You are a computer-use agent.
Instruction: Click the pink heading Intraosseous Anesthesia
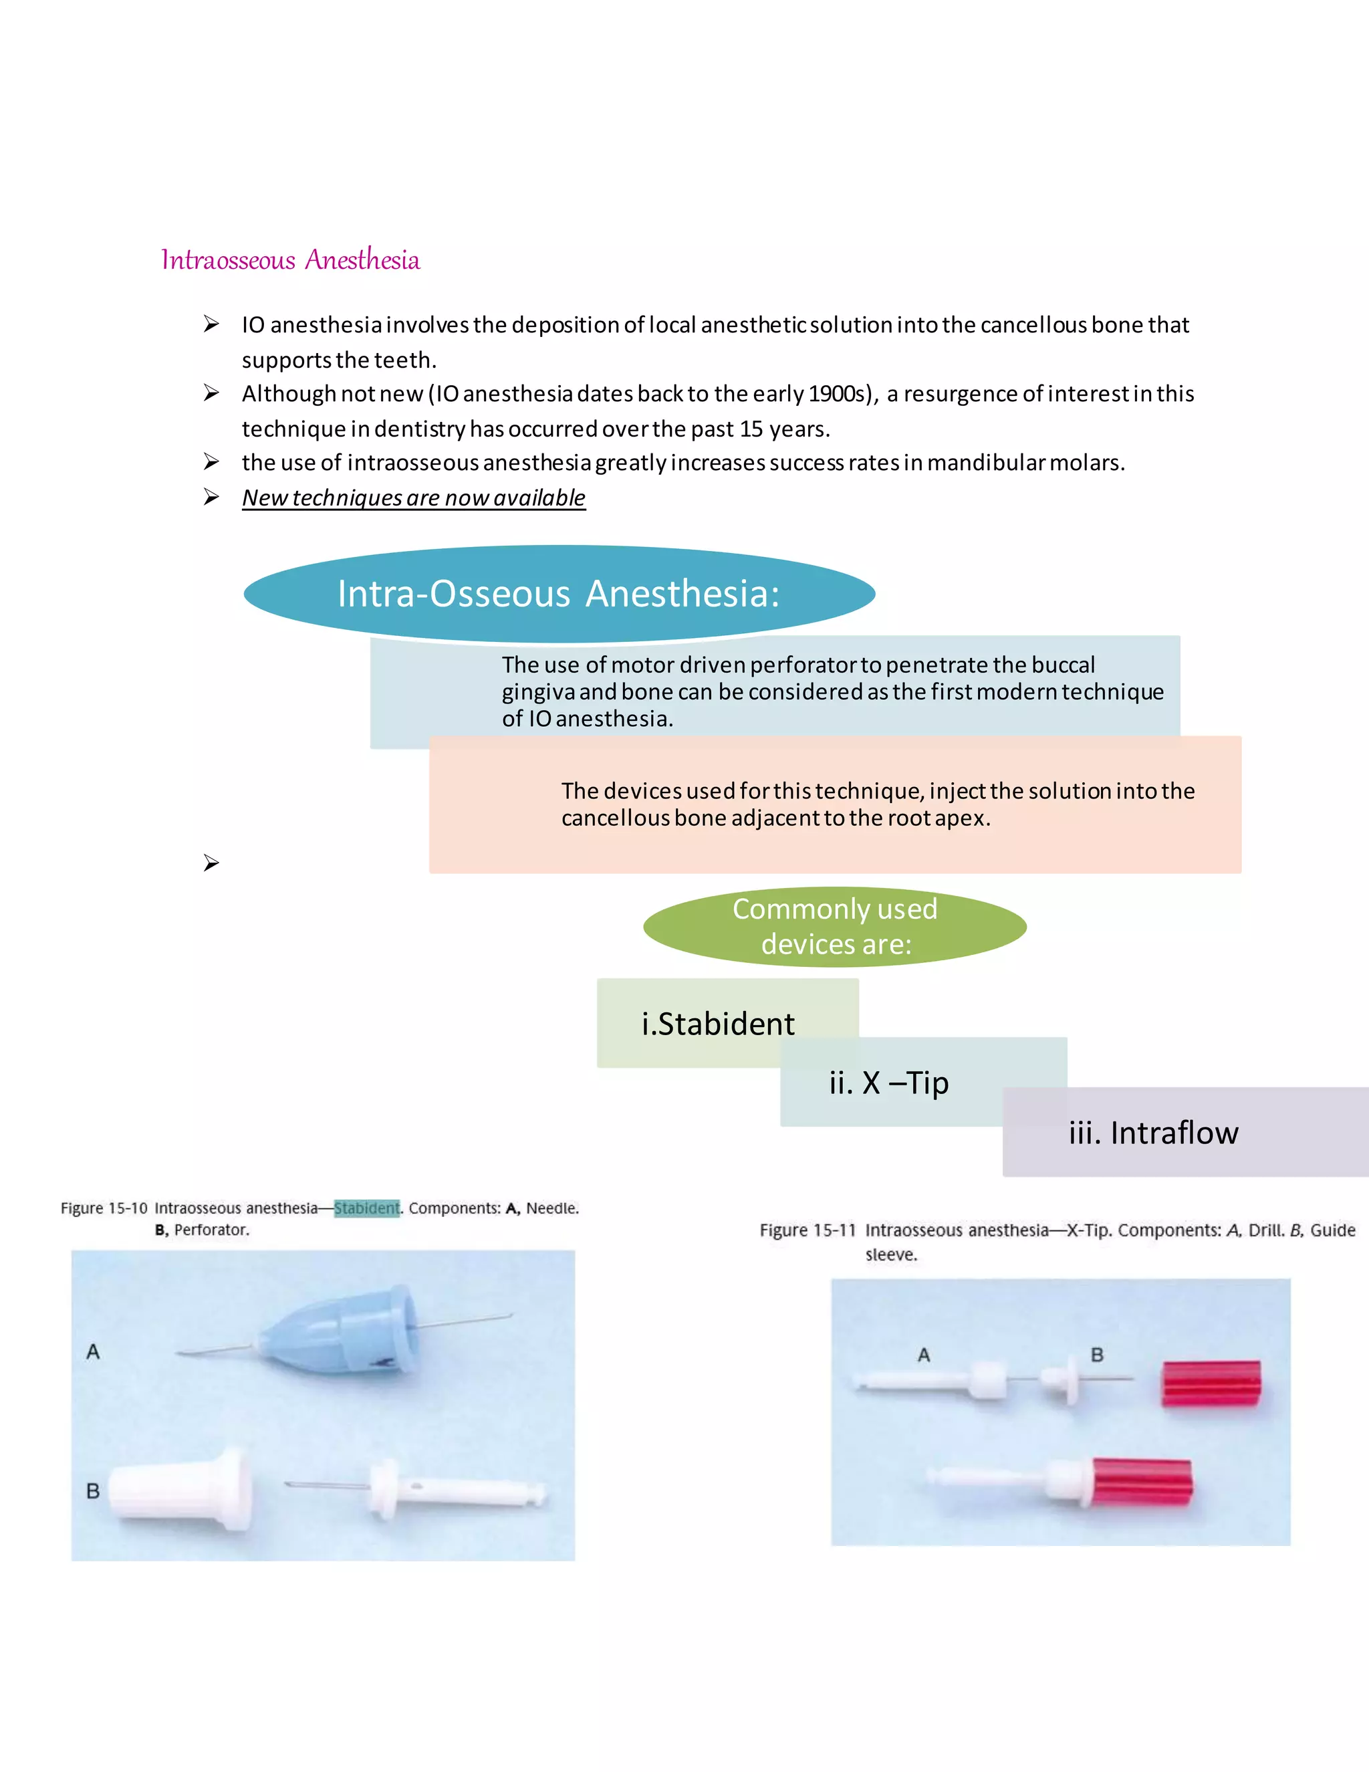click(290, 260)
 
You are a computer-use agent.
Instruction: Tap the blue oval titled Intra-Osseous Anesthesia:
click(559, 593)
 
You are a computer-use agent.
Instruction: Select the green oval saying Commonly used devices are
click(834, 927)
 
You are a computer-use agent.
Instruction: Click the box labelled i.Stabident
click(718, 1023)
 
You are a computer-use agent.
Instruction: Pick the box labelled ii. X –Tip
click(889, 1083)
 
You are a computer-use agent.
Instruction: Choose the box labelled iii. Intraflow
click(1153, 1133)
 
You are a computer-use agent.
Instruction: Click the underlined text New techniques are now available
click(414, 497)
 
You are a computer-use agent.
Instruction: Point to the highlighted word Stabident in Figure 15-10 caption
click(366, 1208)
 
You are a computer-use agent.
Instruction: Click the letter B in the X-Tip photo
click(1096, 1355)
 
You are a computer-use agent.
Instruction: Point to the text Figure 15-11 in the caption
click(807, 1230)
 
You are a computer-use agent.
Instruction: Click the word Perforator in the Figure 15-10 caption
click(211, 1230)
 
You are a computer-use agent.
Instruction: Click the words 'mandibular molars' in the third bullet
click(1025, 463)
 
